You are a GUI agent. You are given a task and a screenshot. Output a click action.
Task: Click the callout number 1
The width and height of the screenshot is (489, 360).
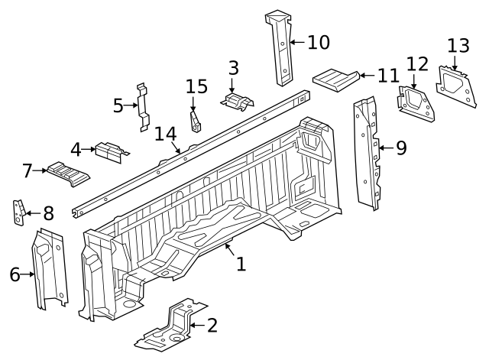coord(241,264)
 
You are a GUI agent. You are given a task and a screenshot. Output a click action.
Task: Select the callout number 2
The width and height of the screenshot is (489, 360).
coord(212,326)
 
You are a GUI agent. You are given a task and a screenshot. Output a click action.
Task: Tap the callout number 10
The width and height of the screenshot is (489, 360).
coord(318,42)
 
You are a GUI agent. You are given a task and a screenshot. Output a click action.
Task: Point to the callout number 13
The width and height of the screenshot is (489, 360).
coord(458,46)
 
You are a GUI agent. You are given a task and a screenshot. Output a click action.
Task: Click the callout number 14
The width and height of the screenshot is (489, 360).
coord(165,135)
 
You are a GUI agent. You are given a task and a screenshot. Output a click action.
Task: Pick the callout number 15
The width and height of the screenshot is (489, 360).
coord(196,87)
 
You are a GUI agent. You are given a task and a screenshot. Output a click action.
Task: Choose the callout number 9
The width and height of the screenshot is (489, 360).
coord(400,148)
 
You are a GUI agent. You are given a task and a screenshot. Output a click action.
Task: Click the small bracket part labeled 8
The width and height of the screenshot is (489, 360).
coord(18,212)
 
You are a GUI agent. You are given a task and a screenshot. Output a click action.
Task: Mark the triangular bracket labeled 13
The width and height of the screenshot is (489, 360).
coord(455,83)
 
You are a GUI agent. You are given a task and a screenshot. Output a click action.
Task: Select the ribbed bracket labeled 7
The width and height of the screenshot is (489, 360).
coord(67,173)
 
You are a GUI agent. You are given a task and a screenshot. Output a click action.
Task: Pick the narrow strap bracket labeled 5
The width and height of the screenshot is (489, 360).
coord(142,105)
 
